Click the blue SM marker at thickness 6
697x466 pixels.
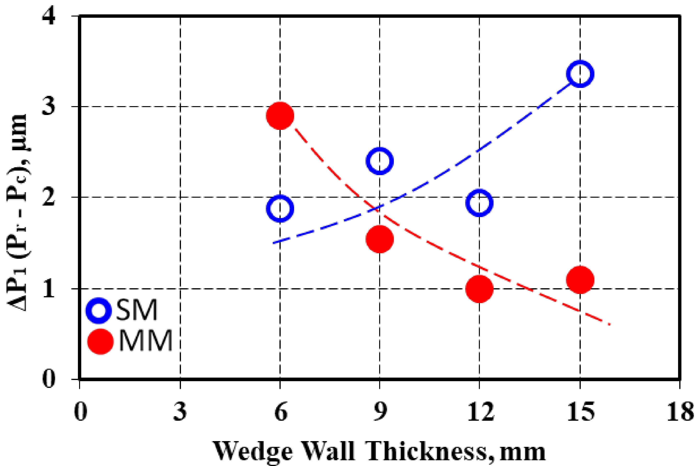click(280, 208)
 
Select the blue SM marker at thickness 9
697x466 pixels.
click(380, 161)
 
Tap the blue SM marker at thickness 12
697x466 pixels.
click(479, 203)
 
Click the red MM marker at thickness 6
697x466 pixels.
click(280, 116)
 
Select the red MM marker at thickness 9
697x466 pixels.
click(380, 239)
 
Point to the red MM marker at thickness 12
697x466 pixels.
click(479, 288)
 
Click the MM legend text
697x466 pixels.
click(146, 341)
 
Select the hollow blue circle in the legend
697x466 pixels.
click(99, 310)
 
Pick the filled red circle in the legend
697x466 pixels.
click(100, 341)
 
